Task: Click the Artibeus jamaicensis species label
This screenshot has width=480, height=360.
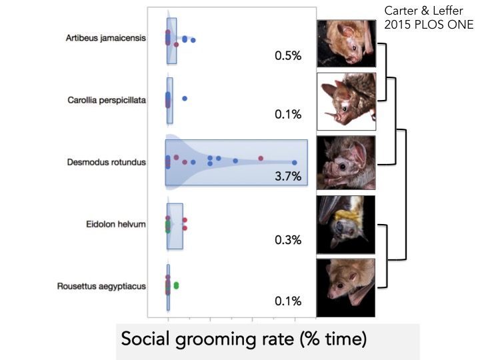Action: [x=107, y=38]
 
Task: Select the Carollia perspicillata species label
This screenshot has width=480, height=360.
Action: [x=107, y=100]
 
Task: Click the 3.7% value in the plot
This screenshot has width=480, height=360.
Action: [x=289, y=177]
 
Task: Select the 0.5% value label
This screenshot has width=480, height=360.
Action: [x=288, y=56]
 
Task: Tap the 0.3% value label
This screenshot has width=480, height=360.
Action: [x=288, y=239]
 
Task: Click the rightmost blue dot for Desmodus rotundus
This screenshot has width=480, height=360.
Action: [x=294, y=163]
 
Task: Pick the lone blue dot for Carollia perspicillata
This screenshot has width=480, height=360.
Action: [x=185, y=99]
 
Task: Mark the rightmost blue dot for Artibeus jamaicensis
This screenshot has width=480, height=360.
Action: [x=193, y=41]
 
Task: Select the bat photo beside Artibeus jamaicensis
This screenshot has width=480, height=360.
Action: [x=346, y=42]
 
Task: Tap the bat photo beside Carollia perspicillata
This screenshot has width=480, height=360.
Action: [x=347, y=101]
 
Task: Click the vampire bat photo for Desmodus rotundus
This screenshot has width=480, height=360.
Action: [x=346, y=163]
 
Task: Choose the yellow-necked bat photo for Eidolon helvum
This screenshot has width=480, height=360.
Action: [x=346, y=225]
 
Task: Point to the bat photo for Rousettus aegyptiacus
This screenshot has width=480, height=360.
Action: [x=346, y=287]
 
